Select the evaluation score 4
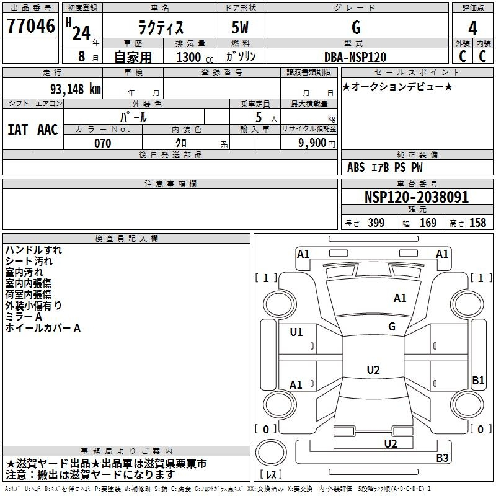coord(472,29)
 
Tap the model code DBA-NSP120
coord(355,57)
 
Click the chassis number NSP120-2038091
coord(416,197)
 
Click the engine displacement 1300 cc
coord(192,57)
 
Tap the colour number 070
coord(102,143)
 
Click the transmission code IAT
coord(17,129)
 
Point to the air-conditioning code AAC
coord(47,129)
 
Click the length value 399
coord(376,223)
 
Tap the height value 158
coord(477,223)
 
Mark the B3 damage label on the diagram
coord(442,458)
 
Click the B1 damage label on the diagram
coord(478,381)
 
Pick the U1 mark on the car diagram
coord(296,332)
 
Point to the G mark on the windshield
coord(392,327)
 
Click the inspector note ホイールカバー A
coord(43,328)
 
